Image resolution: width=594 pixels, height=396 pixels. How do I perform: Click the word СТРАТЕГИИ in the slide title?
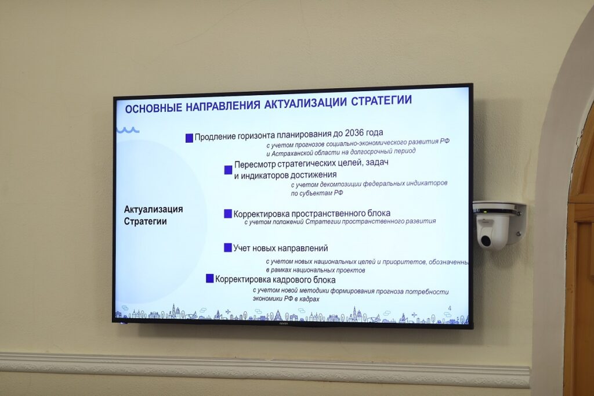point(381,100)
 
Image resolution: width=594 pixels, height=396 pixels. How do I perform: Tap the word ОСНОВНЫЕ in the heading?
point(153,109)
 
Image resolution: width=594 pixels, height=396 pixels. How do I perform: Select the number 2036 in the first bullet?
point(354,133)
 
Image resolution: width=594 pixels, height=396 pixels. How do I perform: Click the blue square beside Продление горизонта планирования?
point(190,138)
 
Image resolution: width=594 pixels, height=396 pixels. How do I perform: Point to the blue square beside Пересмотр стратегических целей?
point(228,170)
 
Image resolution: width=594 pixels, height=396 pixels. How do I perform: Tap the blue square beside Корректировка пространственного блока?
point(227,214)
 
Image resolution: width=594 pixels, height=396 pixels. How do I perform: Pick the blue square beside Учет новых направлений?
point(227,248)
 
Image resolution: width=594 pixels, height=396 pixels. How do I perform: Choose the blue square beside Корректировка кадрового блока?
point(209,278)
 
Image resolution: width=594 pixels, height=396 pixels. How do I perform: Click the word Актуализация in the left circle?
point(153,210)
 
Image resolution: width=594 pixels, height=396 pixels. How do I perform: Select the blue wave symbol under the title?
point(128,130)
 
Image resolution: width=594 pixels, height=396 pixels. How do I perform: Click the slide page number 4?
point(450,308)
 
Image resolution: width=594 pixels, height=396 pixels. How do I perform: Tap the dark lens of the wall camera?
point(486,240)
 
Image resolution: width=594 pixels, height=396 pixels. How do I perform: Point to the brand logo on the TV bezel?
point(284,323)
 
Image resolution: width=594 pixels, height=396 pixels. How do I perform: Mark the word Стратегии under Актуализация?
point(145,222)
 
